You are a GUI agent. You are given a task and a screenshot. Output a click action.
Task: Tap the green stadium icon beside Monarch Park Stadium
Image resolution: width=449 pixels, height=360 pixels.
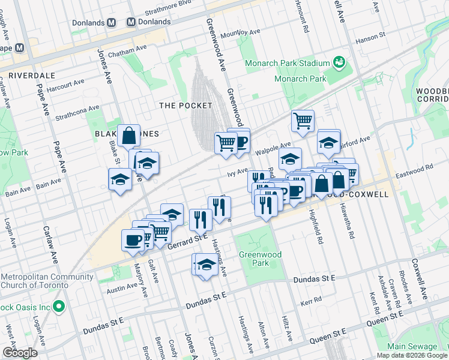click(339, 62)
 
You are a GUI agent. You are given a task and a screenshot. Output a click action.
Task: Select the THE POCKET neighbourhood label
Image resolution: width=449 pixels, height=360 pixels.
click(185, 106)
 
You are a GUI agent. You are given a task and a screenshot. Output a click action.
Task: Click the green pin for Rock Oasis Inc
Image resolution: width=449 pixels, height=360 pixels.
click(58, 307)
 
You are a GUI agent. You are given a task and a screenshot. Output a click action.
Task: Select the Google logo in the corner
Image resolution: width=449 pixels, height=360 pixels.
click(19, 353)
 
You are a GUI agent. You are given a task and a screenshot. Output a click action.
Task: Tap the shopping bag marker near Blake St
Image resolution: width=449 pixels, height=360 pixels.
click(129, 137)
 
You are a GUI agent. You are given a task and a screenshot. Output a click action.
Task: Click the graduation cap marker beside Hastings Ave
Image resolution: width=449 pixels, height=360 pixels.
click(206, 265)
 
